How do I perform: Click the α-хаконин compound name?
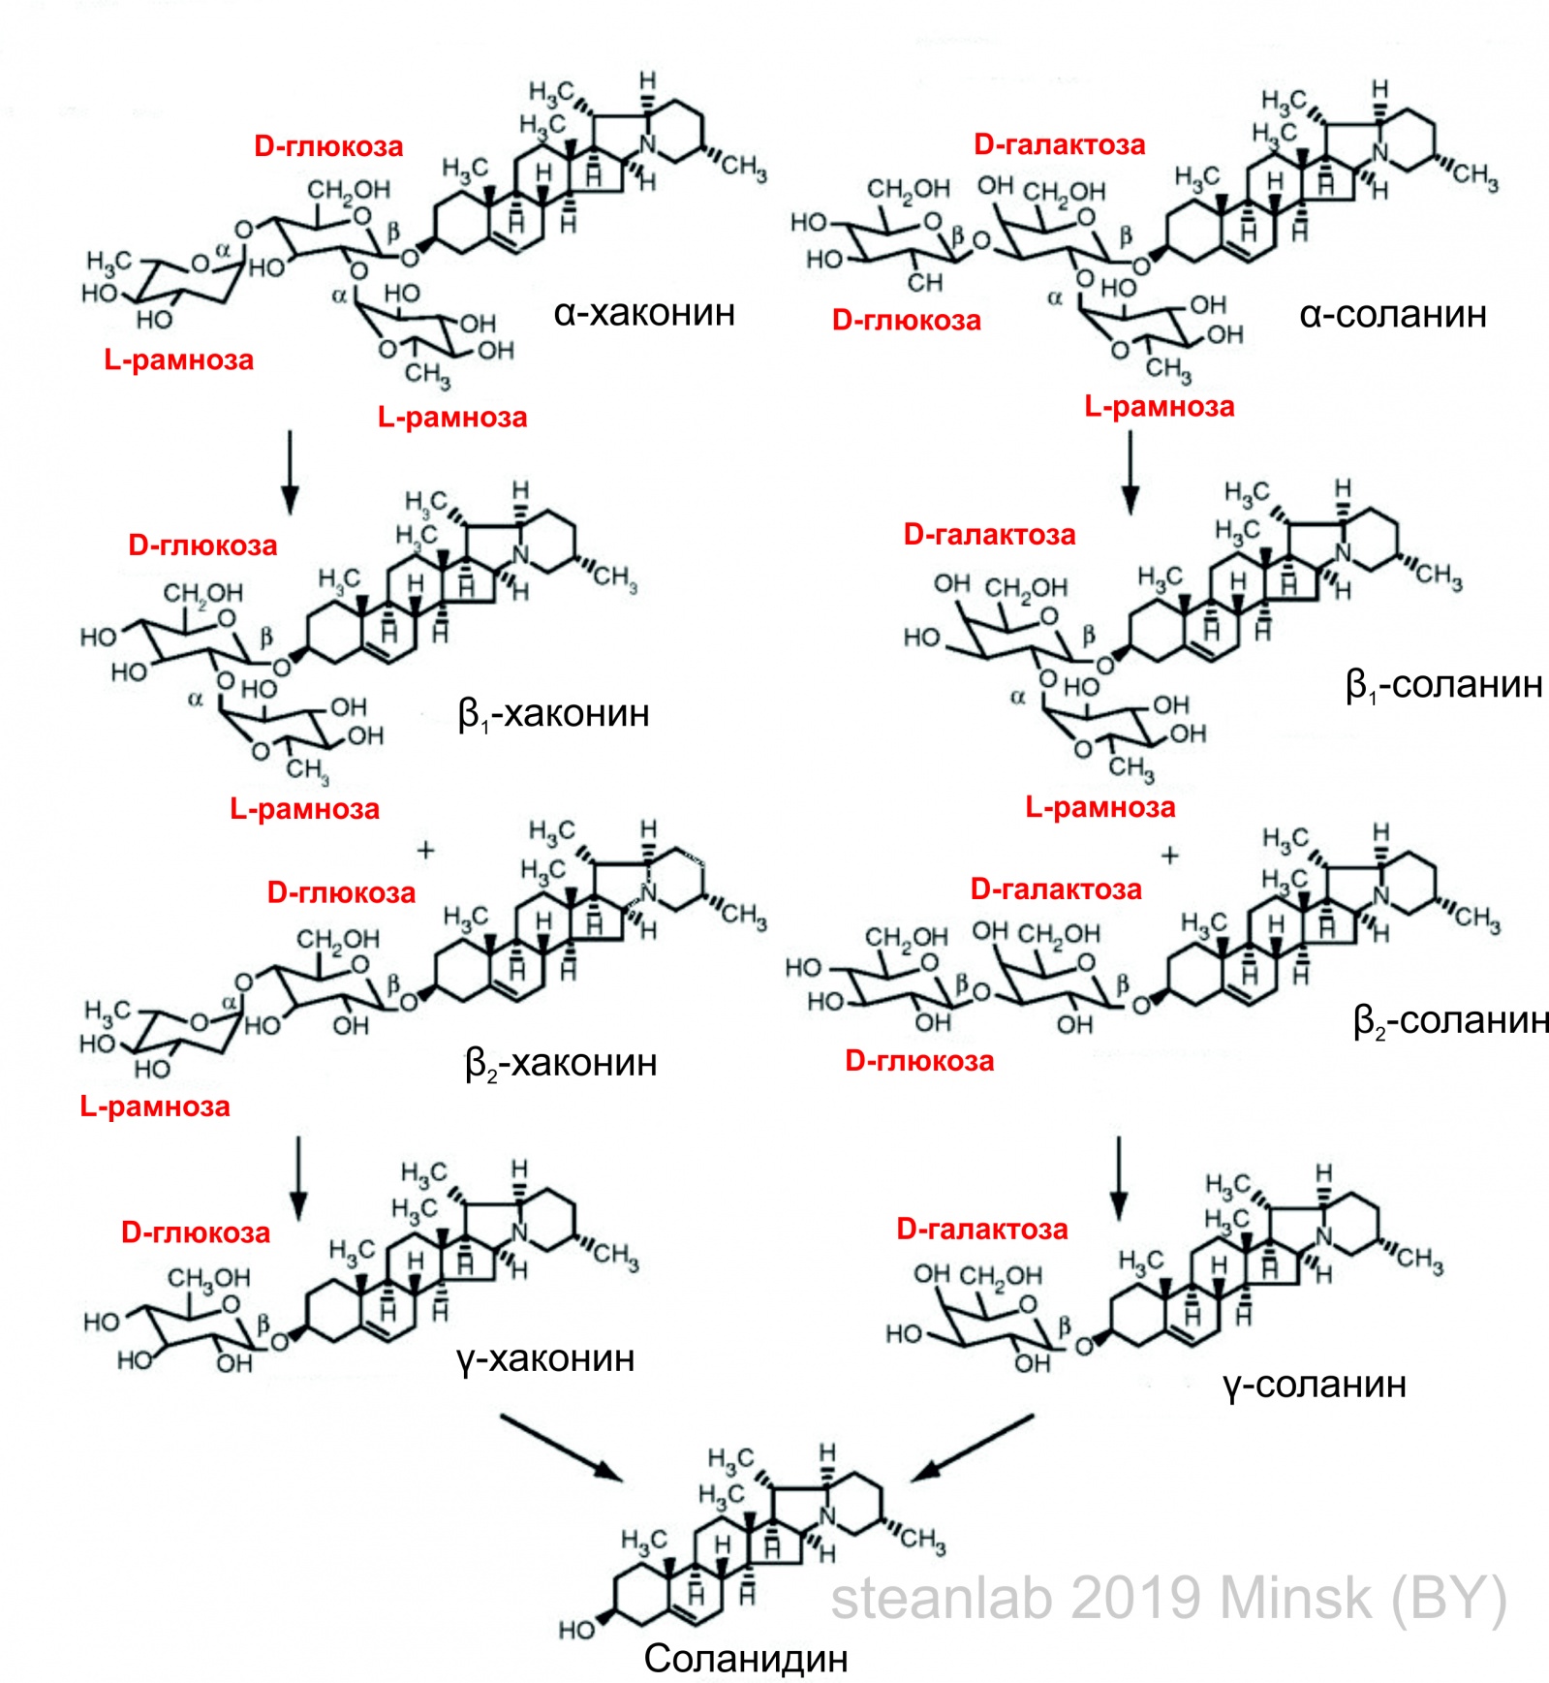point(644,313)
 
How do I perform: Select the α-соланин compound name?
point(1392,315)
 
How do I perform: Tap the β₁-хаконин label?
point(553,714)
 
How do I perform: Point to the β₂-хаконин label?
point(561,1064)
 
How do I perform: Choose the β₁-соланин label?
point(1443,685)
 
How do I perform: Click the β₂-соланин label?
point(1450,1021)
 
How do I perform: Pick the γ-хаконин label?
point(545,1358)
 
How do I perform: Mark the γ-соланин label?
point(1314,1385)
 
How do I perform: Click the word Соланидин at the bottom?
point(746,1659)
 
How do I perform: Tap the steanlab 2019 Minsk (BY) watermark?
point(1168,1598)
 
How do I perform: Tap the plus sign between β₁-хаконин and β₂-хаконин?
point(425,851)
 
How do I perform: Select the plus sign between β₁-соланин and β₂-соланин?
point(1170,856)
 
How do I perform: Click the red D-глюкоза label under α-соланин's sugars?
point(906,321)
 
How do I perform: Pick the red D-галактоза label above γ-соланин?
point(981,1230)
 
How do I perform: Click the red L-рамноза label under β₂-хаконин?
point(155,1106)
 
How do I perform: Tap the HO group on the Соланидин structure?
point(577,1630)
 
